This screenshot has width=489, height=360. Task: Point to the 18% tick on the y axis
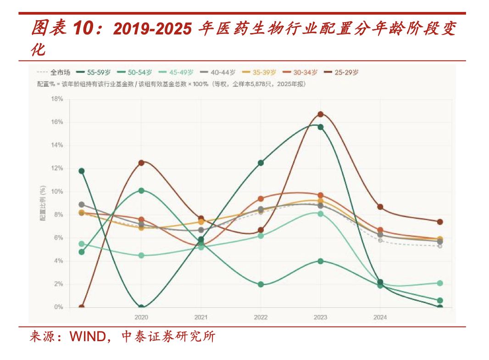click(57, 99)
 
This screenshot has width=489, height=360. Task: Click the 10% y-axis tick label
click(57, 191)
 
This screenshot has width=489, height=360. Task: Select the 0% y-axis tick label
click(58, 307)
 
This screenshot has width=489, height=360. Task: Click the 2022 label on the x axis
click(261, 317)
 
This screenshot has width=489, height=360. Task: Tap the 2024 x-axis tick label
click(380, 317)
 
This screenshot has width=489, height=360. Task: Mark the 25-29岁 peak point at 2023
click(321, 114)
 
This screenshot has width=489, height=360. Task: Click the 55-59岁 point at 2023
click(321, 127)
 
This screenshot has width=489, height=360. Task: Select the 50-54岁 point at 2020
click(141, 191)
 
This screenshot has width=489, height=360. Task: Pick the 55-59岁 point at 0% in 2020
click(141, 307)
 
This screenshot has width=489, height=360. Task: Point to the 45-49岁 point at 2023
click(321, 214)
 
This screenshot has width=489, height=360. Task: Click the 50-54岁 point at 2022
click(261, 284)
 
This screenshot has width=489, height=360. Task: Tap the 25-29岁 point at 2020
click(141, 163)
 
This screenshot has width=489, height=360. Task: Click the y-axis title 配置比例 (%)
click(43, 203)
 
